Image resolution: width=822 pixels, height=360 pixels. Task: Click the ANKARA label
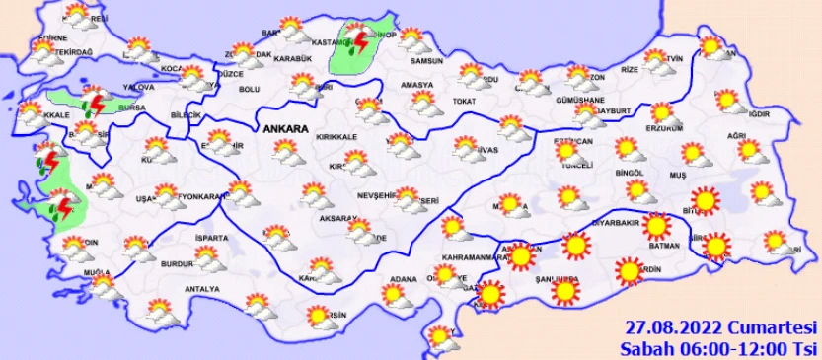[285, 129]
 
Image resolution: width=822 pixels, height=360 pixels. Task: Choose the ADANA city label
[404, 279]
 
